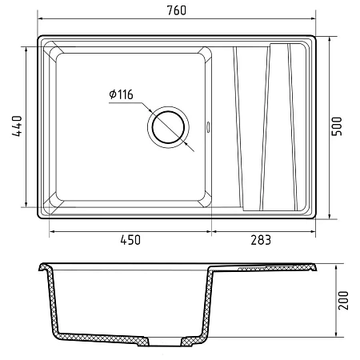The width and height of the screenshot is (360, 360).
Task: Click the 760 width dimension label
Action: pyautogui.click(x=176, y=10)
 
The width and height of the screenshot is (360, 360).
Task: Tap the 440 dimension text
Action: pyautogui.click(x=17, y=126)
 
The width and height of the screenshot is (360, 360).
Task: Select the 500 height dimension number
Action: pyautogui.click(x=337, y=126)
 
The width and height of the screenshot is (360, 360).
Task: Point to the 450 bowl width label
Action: pyautogui.click(x=130, y=240)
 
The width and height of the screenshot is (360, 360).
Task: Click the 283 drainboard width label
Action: pyautogui.click(x=261, y=240)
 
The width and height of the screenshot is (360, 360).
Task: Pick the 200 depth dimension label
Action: pyautogui.click(x=343, y=300)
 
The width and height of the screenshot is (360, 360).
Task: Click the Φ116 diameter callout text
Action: pyautogui.click(x=121, y=94)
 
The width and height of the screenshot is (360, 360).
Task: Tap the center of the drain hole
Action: pyautogui.click(x=168, y=127)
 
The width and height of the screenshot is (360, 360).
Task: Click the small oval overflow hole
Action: pyautogui.click(x=208, y=126)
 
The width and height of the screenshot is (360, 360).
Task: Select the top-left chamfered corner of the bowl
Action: pyautogui.click(x=54, y=50)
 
